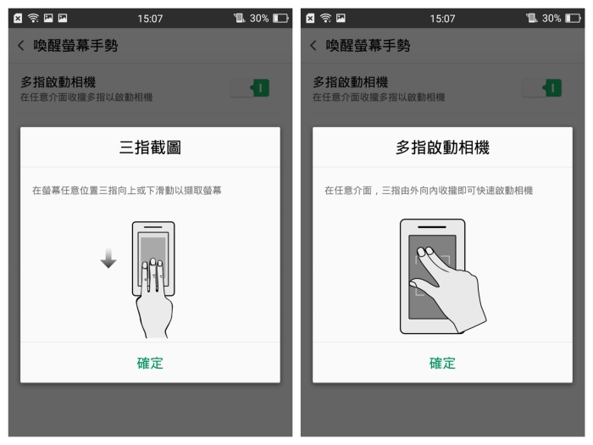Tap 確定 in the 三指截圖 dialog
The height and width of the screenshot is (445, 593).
pos(150,364)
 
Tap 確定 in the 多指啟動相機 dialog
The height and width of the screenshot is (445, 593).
pos(442,364)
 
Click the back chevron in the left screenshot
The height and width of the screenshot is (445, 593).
pos(21,46)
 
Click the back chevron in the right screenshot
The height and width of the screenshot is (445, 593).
pos(313,46)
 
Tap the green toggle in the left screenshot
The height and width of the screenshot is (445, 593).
pos(250,88)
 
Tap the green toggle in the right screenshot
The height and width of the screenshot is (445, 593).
pos(542,88)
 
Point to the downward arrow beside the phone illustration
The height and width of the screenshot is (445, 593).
pos(108,259)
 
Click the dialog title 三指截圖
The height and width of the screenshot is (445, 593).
pos(150,147)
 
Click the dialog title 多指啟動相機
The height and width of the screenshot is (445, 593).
pos(442,147)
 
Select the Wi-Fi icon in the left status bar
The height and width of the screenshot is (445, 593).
pos(34,18)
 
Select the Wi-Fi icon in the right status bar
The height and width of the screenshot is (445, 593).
pos(325,18)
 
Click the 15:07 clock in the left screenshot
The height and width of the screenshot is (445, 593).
pos(150,18)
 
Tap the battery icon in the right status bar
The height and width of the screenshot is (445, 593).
pos(573,18)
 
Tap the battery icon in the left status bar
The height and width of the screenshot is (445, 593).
pos(280,18)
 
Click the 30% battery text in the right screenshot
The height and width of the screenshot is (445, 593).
pos(551,18)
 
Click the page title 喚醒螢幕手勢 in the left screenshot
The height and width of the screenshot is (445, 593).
pos(75,46)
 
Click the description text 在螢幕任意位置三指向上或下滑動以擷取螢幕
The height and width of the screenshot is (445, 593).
pos(127,191)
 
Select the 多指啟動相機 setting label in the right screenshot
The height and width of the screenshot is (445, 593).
pos(351,82)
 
